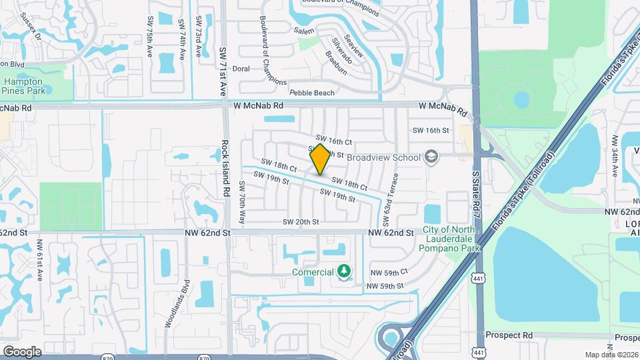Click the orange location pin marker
pos(320,159)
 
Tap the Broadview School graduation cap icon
pos(431,157)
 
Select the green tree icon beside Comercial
pos(344,271)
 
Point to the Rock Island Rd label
pos(226,172)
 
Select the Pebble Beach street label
pos(311,93)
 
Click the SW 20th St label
pos(301,221)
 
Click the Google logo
pos(22,351)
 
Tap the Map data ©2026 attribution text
pos(611,355)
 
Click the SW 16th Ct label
pos(333,141)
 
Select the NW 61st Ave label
pos(40,259)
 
